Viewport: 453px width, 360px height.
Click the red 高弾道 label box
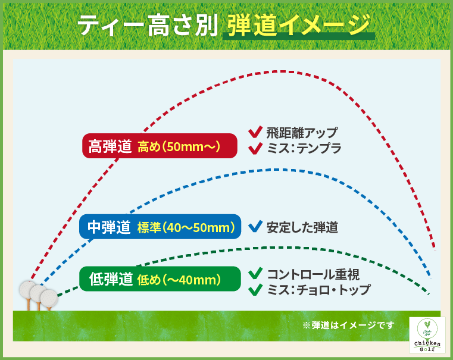click(x=160, y=146)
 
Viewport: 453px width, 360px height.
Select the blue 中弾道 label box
click(x=160, y=227)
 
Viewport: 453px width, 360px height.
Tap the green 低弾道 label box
click(x=160, y=278)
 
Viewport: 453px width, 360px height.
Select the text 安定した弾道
click(x=302, y=227)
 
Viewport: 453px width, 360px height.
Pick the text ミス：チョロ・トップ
click(x=318, y=290)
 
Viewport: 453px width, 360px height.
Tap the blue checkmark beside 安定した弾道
click(x=255, y=226)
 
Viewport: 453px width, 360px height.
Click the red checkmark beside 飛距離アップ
click(x=255, y=132)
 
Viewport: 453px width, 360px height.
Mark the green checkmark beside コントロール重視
click(x=255, y=274)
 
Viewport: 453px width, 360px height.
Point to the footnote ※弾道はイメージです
click(x=348, y=325)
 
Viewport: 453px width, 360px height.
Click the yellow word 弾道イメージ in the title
click(x=297, y=26)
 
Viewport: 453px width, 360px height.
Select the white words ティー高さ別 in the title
click(x=146, y=26)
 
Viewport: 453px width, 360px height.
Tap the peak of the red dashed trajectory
click(x=280, y=71)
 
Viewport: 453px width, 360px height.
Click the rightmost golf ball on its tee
click(x=49, y=296)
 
